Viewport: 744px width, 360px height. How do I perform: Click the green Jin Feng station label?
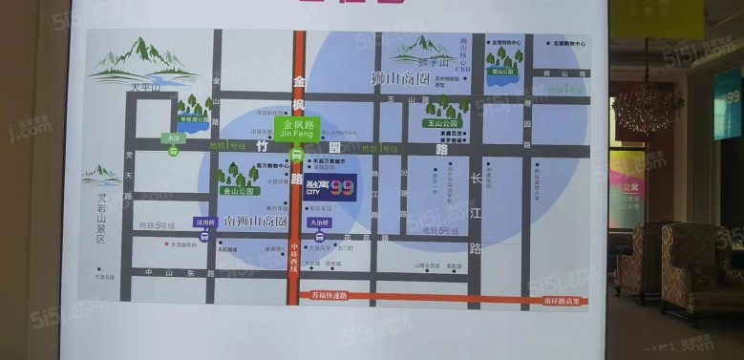click(x=299, y=129)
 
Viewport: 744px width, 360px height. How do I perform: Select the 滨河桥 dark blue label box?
click(x=204, y=222)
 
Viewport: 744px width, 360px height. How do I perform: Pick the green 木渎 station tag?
click(x=173, y=138)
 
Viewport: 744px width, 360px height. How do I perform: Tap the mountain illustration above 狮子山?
click(x=422, y=47)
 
